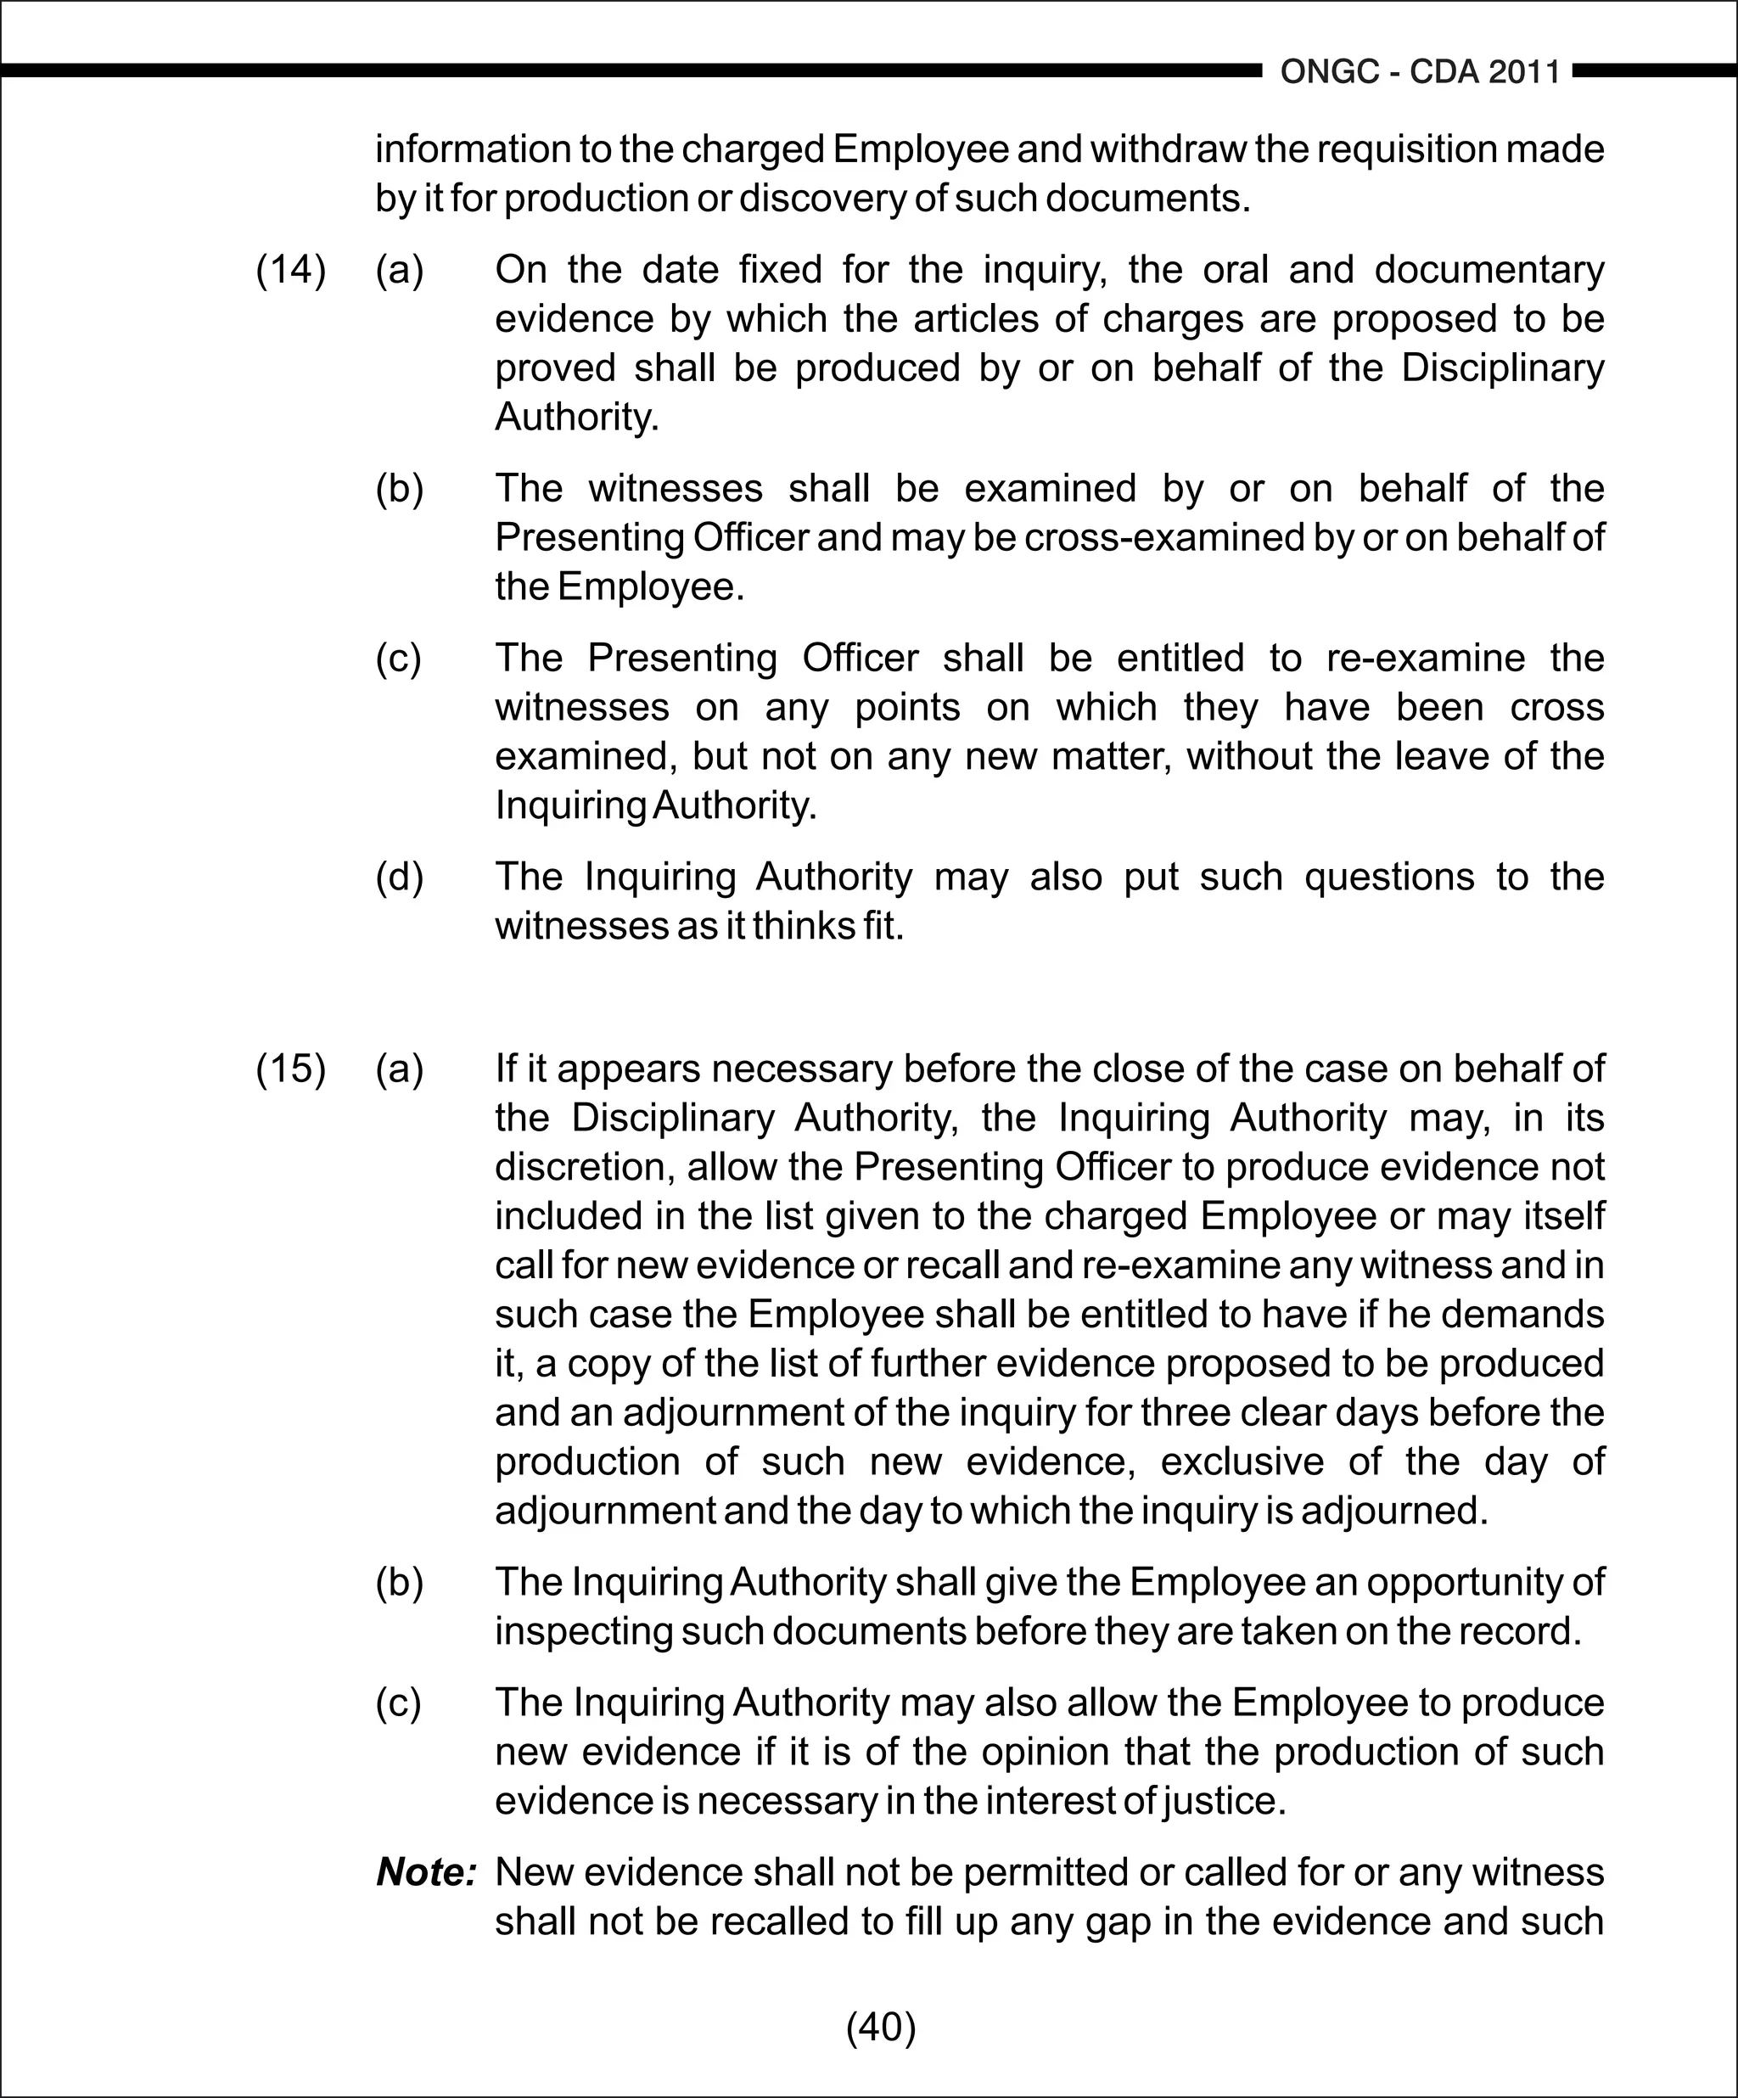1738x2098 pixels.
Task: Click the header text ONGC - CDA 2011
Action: coord(1420,72)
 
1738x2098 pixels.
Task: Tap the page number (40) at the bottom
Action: coord(881,2027)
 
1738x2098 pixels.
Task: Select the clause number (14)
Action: coord(291,270)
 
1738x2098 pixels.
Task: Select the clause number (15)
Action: coord(291,1069)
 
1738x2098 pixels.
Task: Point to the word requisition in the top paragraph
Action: coord(1400,150)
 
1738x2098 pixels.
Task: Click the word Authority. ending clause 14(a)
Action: coord(577,417)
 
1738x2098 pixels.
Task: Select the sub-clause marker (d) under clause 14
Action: coord(400,878)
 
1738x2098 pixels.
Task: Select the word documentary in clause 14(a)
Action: coord(1489,270)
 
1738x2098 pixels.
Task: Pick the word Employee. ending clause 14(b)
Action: coord(650,586)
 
